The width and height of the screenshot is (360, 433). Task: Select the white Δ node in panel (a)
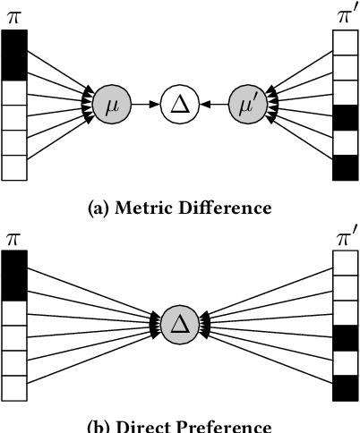click(x=178, y=106)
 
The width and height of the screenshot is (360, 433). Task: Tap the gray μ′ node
click(x=247, y=106)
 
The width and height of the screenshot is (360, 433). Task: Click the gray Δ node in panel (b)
click(x=178, y=320)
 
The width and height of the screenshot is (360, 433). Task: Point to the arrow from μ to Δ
click(x=143, y=106)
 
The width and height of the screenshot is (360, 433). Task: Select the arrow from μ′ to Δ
click(x=213, y=106)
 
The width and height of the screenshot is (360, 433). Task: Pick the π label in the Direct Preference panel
click(x=14, y=238)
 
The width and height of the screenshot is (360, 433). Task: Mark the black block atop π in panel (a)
click(x=14, y=55)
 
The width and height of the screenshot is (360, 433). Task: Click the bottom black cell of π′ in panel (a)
click(x=344, y=167)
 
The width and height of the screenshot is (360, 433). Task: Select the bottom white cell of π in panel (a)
click(x=14, y=167)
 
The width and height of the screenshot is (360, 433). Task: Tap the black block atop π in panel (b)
click(x=14, y=276)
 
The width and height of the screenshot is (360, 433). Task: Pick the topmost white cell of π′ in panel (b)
click(x=344, y=262)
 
